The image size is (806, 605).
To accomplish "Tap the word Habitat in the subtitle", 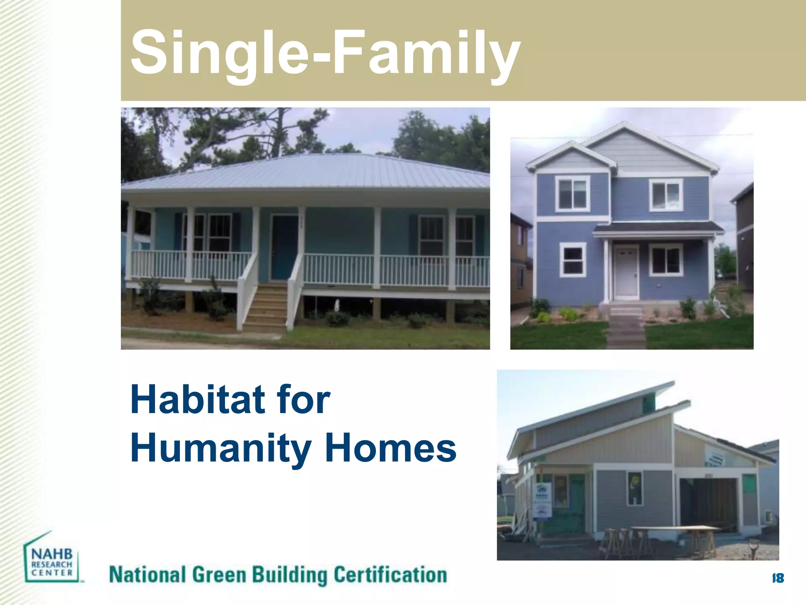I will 197,400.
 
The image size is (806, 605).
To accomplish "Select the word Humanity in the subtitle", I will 221,448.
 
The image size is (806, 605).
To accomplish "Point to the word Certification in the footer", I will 390,575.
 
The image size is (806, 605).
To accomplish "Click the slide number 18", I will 778,578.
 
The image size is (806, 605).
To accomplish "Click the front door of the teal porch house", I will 284,247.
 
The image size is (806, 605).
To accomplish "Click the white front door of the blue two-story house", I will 626,272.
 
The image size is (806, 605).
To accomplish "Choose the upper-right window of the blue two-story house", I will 666,195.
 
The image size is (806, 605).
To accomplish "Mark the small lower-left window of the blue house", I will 573,260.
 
